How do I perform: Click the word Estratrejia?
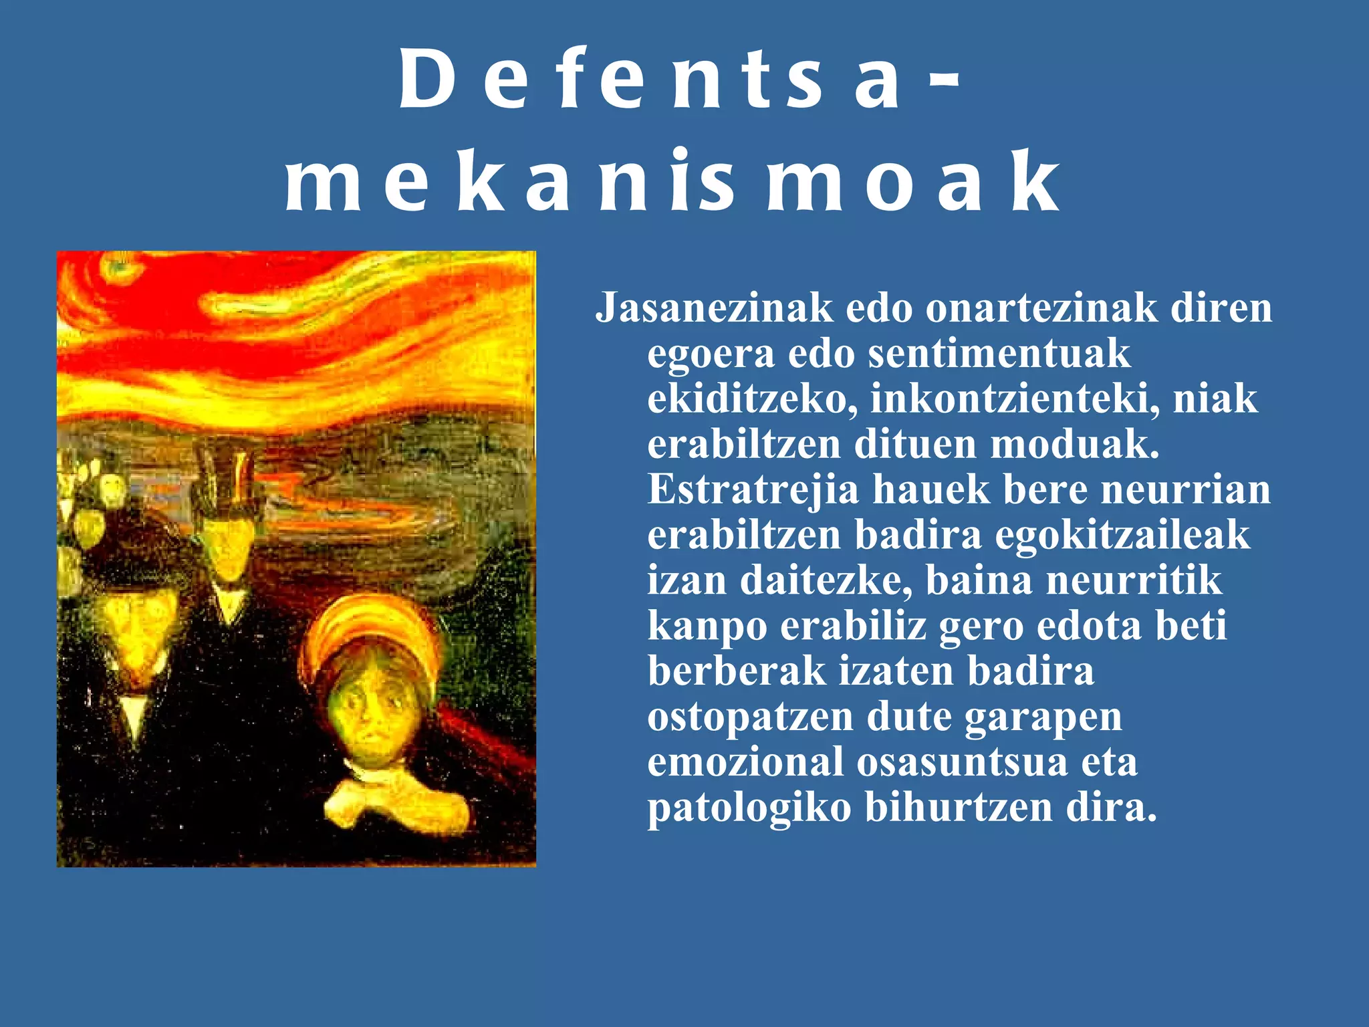coord(753,489)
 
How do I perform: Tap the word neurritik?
coord(1134,580)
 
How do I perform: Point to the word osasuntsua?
coord(963,762)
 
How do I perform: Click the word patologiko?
coord(749,808)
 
